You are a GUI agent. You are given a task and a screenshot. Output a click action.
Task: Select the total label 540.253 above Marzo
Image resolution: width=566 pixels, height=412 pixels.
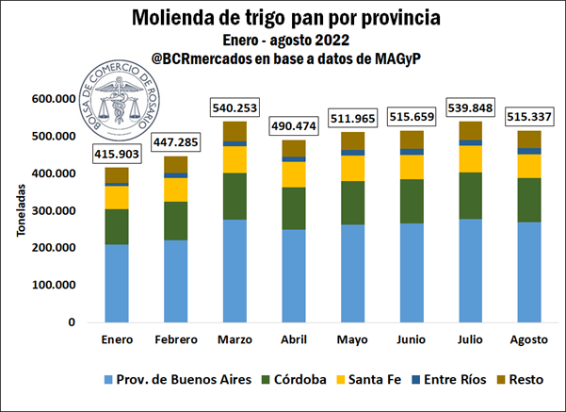(x=239, y=108)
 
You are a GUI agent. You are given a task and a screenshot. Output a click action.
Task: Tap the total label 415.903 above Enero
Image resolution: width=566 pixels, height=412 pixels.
(x=117, y=154)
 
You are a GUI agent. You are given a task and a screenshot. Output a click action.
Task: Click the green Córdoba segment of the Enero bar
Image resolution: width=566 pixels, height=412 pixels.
(x=117, y=226)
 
